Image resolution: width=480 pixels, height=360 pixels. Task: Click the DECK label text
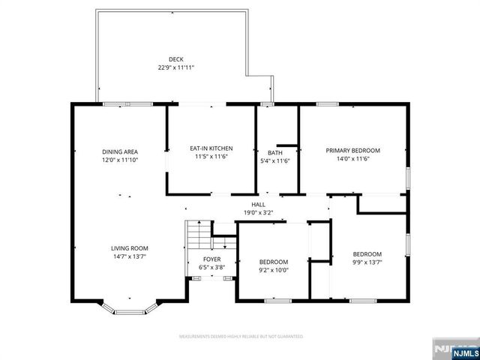coord(175,60)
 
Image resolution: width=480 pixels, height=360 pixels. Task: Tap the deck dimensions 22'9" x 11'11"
coord(175,68)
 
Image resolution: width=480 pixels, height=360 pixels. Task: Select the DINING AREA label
coord(120,152)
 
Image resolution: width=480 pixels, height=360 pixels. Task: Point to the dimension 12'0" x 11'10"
coord(120,160)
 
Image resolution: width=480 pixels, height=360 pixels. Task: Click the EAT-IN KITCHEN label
coord(211,149)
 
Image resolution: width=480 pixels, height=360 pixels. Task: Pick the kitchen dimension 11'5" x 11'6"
coord(211,157)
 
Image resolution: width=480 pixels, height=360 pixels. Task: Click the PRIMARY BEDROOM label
coord(352,151)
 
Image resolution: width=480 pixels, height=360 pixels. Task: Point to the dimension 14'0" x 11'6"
coord(352,158)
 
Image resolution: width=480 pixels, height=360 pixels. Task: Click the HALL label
coord(258,205)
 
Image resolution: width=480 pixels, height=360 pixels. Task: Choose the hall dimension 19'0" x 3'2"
coord(258,212)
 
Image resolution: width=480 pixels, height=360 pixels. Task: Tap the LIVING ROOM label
coord(130,248)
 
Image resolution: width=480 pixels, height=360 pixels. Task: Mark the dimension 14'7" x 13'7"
coord(130,256)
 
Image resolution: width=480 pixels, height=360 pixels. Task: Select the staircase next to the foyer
coord(198,238)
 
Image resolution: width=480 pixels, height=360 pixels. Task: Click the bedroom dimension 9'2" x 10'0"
coord(274,270)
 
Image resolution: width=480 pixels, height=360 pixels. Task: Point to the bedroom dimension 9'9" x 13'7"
coord(367,262)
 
